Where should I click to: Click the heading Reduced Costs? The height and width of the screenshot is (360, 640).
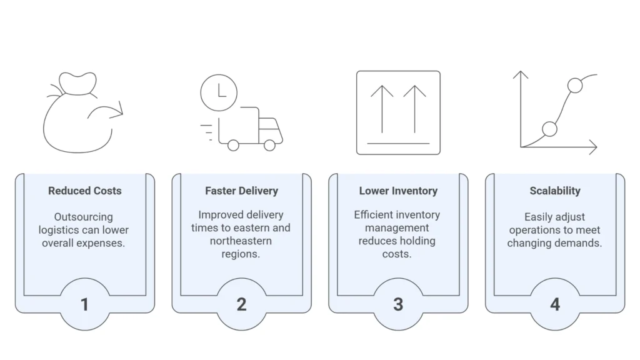(85, 191)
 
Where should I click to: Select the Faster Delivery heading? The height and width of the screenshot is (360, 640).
(241, 191)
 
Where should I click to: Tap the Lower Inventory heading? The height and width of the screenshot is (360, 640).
(398, 191)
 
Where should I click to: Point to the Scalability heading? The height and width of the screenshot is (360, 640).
(555, 191)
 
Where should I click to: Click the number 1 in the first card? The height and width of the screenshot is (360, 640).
(84, 304)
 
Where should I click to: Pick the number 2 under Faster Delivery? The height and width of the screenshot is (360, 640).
(241, 304)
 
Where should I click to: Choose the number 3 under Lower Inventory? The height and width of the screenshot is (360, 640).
(398, 304)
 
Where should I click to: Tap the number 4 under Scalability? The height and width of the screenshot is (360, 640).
(555, 304)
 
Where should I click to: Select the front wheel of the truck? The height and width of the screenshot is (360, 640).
(270, 145)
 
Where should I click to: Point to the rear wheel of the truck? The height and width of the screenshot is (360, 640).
(233, 145)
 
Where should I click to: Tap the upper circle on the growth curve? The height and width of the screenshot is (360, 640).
(575, 86)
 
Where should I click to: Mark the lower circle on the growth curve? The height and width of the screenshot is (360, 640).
(549, 129)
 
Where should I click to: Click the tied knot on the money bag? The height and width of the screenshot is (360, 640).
(76, 84)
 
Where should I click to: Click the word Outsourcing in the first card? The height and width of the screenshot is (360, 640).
(83, 217)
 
